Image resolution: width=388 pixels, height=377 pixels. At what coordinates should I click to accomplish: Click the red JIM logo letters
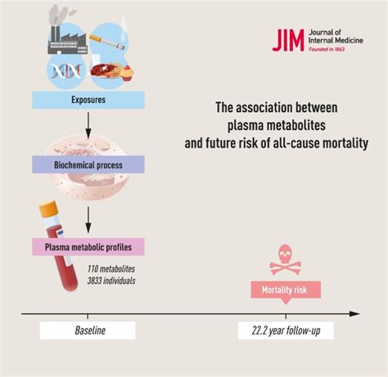[288, 40]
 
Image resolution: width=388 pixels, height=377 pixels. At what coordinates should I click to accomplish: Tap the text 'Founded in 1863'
[327, 49]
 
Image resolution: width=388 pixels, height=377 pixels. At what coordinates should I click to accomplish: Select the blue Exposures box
[88, 100]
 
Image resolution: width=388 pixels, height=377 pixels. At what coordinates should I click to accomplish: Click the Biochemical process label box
[88, 164]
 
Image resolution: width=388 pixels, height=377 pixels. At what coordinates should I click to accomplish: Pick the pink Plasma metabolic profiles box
[88, 247]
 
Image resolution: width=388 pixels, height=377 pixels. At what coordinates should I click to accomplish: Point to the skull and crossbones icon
[286, 259]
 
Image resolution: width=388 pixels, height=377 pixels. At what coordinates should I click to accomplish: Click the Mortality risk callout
[286, 291]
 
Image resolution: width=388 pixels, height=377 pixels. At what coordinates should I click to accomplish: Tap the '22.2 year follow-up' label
[286, 330]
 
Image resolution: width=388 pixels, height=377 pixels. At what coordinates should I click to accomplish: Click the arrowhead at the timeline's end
[354, 314]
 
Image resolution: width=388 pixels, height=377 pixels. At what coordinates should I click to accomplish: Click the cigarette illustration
[107, 43]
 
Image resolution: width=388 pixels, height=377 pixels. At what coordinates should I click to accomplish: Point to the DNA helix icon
[66, 71]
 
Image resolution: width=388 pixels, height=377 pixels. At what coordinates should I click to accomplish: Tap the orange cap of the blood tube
[49, 209]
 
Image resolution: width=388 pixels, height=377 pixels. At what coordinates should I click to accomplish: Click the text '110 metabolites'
[111, 269]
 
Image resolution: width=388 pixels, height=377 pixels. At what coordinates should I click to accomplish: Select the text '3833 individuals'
[111, 281]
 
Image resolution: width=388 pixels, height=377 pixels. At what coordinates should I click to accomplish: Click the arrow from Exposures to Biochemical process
[88, 126]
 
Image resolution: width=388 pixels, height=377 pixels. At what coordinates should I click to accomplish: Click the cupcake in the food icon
[127, 73]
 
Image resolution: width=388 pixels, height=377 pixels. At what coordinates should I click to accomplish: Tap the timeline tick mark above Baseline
[88, 316]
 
